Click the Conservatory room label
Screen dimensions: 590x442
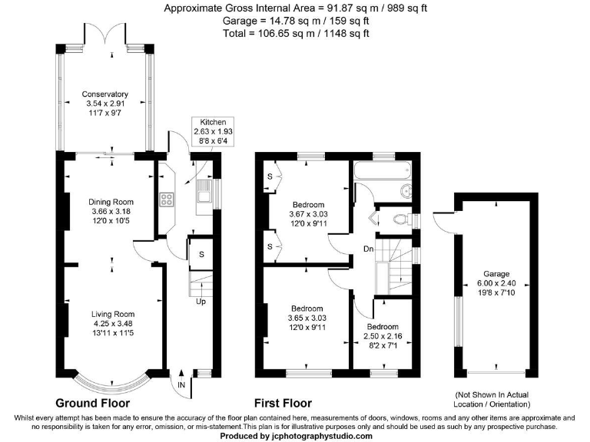click(105, 94)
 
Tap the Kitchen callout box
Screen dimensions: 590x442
click(213, 131)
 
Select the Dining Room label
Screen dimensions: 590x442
click(111, 202)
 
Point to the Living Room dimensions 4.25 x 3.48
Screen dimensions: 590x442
click(113, 324)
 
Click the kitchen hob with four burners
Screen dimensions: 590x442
click(167, 200)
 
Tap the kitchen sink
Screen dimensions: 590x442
click(204, 196)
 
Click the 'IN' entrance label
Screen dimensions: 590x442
click(181, 385)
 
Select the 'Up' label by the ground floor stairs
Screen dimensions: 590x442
click(201, 302)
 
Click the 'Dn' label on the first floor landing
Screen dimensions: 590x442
click(369, 249)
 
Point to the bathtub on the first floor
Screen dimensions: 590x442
click(383, 171)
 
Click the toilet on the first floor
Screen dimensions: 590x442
click(400, 219)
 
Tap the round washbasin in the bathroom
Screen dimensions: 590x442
click(406, 192)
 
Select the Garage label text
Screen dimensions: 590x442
click(496, 274)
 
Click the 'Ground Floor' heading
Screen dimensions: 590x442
click(92, 404)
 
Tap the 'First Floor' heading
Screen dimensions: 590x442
click(283, 404)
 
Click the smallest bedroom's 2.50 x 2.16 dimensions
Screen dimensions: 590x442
click(383, 336)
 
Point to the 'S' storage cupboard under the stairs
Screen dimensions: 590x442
click(201, 255)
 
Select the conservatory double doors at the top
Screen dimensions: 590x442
click(106, 34)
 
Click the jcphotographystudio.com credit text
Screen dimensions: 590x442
click(296, 437)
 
